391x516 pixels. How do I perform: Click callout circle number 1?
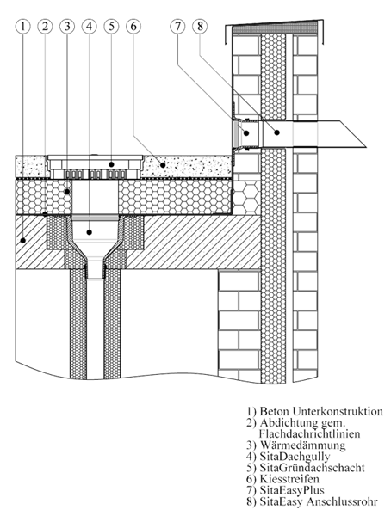[22, 27]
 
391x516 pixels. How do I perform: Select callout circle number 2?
[45, 27]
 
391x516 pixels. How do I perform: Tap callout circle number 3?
[67, 27]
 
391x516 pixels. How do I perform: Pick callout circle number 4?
[90, 27]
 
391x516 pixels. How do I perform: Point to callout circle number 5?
[111, 27]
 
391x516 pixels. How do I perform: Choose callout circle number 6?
[133, 27]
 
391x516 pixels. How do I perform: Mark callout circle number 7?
[178, 27]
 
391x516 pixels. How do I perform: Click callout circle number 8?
[200, 27]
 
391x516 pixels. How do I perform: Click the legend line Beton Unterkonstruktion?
[315, 411]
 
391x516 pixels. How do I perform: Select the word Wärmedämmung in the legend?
[302, 445]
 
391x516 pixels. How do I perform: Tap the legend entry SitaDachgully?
[295, 457]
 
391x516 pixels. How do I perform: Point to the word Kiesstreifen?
[289, 478]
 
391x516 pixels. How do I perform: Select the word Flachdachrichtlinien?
[309, 433]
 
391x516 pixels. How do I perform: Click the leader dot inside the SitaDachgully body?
[90, 232]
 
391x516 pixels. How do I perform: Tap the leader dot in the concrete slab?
[22, 241]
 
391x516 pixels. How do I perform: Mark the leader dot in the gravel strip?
[163, 165]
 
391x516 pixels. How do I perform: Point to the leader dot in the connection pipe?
[277, 132]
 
